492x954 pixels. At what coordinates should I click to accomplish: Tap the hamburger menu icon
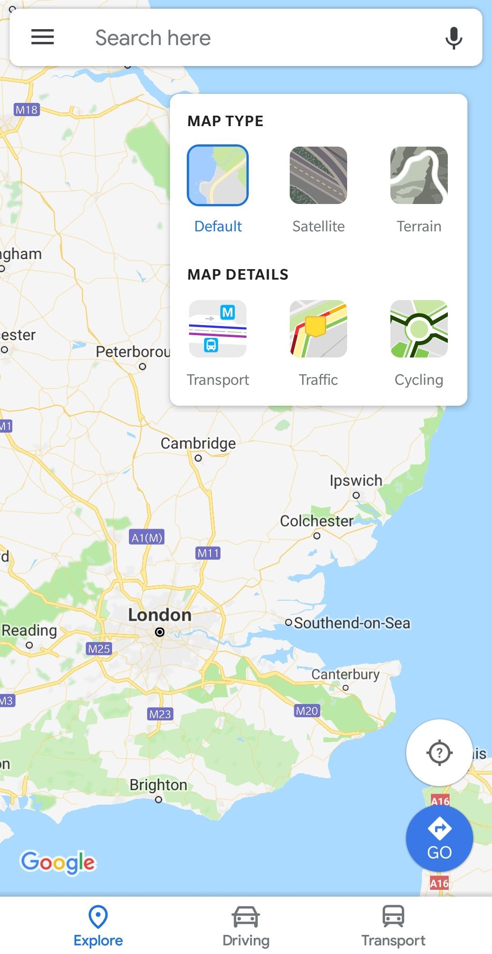42,37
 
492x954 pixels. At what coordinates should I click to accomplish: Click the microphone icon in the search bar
453,38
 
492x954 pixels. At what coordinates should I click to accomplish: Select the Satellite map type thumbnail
318,175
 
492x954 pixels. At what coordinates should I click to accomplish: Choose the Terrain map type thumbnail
419,175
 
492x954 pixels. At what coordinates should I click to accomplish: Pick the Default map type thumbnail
218,175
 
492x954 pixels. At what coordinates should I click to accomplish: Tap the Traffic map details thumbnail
318,329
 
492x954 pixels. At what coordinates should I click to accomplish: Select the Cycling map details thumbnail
419,329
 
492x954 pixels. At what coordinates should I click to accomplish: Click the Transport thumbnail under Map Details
218,329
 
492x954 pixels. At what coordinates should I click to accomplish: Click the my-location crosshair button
439,752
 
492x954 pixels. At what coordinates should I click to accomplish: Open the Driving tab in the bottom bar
246,925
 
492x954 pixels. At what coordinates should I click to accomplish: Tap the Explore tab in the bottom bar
98,925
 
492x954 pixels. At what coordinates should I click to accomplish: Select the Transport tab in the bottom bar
393,925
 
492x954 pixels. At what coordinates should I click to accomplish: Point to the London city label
159,615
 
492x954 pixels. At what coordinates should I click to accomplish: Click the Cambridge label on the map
198,443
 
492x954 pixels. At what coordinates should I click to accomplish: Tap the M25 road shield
99,648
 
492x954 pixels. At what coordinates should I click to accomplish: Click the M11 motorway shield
208,553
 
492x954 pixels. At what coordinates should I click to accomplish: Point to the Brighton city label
158,785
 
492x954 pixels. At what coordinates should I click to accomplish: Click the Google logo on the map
58,862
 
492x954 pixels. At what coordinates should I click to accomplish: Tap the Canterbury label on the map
345,674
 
